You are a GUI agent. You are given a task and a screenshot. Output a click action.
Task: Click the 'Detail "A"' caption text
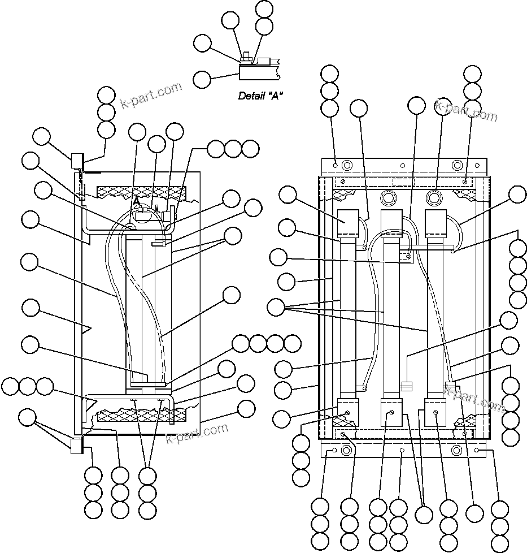click(260, 96)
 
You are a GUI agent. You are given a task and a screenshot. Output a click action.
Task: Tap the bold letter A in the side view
click(136, 202)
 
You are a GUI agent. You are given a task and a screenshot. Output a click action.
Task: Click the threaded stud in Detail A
click(247, 56)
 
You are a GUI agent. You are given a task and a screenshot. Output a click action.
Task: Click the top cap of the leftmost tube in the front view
click(349, 224)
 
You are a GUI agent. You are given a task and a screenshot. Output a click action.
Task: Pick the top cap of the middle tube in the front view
click(392, 224)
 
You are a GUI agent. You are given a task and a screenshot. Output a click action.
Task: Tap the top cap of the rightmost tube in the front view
click(436, 224)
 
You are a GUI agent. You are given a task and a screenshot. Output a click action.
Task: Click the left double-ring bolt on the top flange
click(347, 166)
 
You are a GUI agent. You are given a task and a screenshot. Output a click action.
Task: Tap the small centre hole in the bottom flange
click(402, 451)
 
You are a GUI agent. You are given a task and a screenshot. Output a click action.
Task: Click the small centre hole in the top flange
click(402, 166)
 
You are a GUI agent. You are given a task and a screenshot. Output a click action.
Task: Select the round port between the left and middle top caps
click(388, 198)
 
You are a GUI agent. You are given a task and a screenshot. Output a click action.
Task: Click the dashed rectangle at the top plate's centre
click(403, 182)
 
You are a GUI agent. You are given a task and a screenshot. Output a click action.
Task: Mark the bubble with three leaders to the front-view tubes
click(276, 308)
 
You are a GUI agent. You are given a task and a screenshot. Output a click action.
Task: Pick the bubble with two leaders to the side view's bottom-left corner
click(27, 418)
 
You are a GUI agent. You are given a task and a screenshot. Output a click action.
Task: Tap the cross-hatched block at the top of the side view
click(141, 192)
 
